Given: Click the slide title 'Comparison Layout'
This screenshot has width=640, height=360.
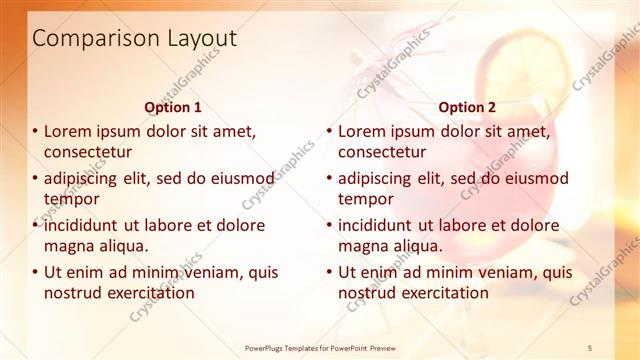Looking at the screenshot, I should [x=135, y=39].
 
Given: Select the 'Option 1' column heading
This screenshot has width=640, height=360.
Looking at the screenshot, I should [x=173, y=106].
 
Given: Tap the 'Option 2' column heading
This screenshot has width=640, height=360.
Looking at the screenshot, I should [x=467, y=106].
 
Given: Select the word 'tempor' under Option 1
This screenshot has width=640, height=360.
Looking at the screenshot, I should [x=70, y=199].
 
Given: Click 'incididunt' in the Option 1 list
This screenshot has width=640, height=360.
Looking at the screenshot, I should [x=82, y=225].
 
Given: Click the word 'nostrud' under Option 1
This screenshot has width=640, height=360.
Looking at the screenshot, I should [x=74, y=293].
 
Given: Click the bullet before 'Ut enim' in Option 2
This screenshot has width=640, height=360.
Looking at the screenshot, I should [x=329, y=272].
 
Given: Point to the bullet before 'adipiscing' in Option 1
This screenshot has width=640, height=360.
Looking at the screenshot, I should [x=35, y=178].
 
